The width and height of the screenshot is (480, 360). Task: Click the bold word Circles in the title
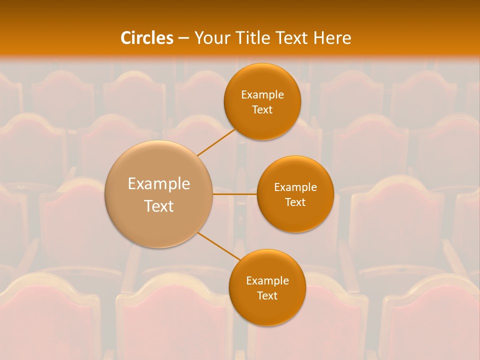(x=146, y=38)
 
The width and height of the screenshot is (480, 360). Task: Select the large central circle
(x=159, y=194)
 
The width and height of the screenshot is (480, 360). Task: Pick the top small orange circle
(x=262, y=101)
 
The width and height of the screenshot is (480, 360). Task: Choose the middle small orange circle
(x=295, y=194)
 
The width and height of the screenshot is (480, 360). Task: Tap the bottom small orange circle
(x=267, y=287)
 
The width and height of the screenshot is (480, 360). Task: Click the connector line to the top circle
(x=216, y=142)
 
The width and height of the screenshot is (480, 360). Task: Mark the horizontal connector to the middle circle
(x=235, y=194)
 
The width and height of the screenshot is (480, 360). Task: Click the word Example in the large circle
(x=159, y=184)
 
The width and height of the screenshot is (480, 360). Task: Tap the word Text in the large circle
(x=159, y=206)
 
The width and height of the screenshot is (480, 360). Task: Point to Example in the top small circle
(x=262, y=94)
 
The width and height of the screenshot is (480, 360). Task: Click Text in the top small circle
(x=262, y=109)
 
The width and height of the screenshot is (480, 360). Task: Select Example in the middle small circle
(x=295, y=187)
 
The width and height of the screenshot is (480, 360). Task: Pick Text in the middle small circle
(x=295, y=202)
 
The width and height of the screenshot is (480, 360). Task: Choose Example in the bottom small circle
(x=267, y=280)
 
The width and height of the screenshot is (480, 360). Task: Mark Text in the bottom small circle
(x=267, y=295)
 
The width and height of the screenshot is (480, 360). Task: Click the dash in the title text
(x=183, y=38)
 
